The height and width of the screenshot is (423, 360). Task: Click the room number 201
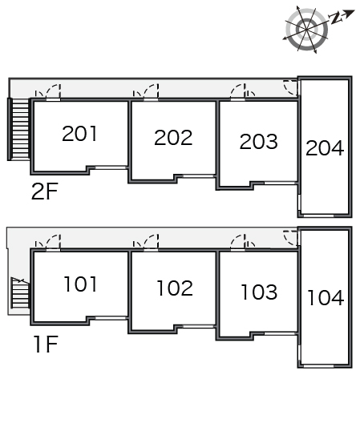click(x=79, y=134)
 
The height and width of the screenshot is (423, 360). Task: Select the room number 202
click(x=173, y=138)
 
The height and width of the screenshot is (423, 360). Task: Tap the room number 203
click(x=258, y=142)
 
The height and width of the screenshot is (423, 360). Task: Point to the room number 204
click(x=325, y=148)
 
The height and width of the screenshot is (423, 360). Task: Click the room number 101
click(x=80, y=284)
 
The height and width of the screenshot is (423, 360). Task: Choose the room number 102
click(x=175, y=288)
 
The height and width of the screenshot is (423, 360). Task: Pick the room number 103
click(x=259, y=292)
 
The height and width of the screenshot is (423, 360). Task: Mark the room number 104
click(x=326, y=298)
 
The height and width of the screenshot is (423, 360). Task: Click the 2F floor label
click(x=45, y=191)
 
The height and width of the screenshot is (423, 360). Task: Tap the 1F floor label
click(x=46, y=344)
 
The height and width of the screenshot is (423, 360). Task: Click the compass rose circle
click(x=307, y=29)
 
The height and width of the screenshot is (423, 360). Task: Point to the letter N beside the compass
click(x=335, y=18)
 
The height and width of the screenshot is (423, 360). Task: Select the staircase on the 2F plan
click(x=19, y=129)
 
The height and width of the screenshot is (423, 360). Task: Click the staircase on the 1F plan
click(x=20, y=292)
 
